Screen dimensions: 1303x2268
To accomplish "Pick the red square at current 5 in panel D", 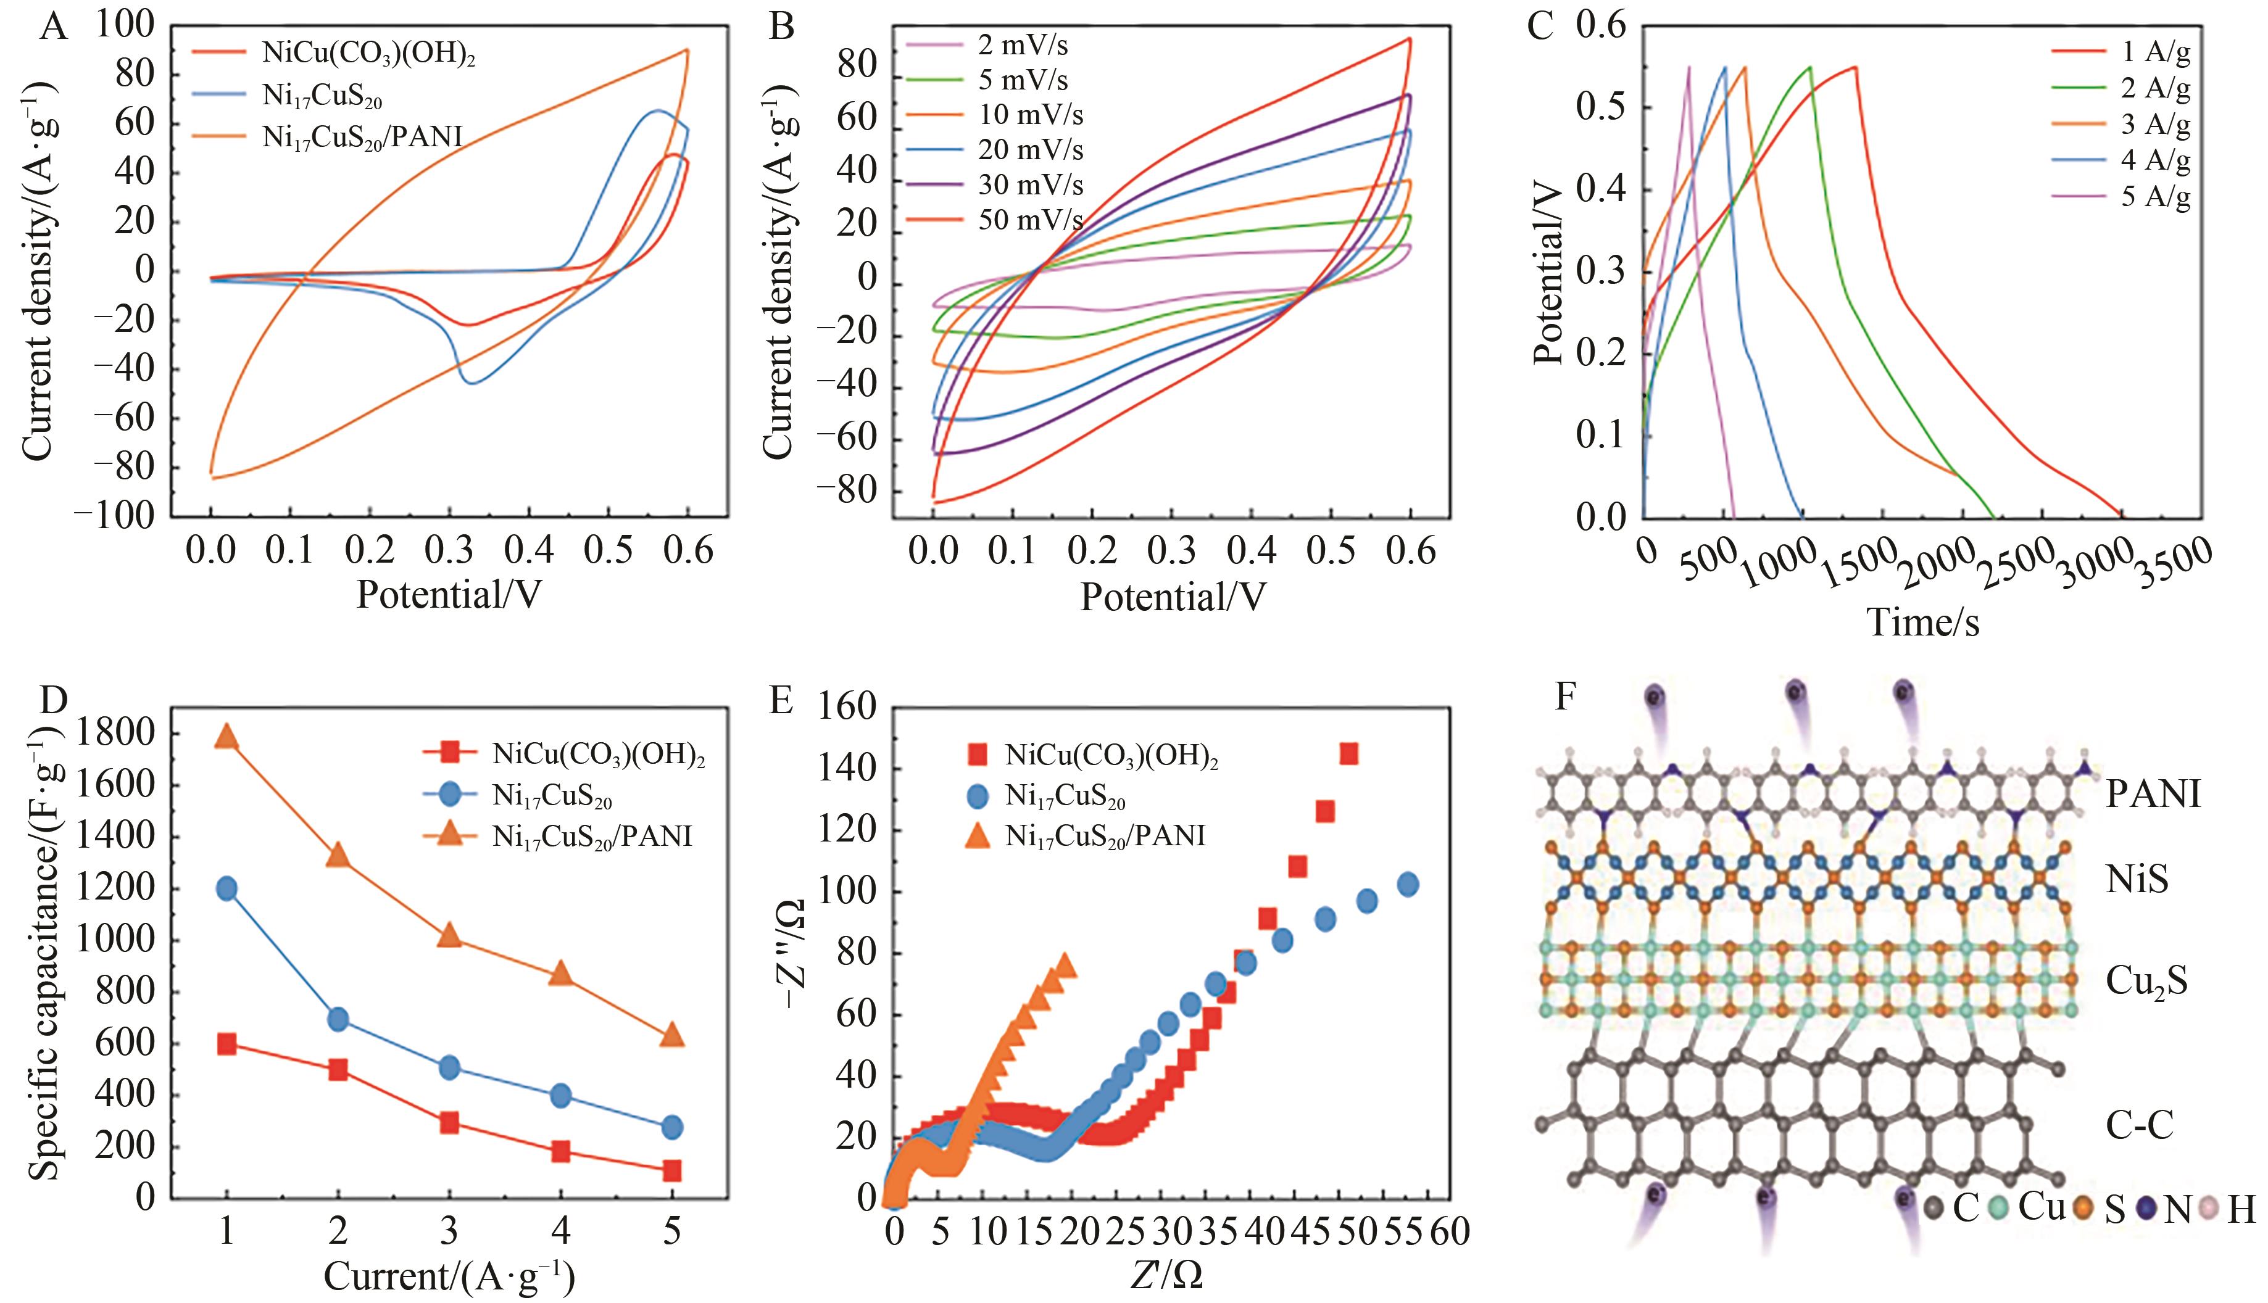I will (x=672, y=1170).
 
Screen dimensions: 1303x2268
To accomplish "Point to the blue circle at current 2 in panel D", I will (x=338, y=1019).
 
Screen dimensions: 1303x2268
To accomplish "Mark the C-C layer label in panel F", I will (x=2139, y=1125).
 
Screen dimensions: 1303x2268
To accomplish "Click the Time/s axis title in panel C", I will (x=1922, y=622).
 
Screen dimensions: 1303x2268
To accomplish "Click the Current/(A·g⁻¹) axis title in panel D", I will (x=449, y=1276).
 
